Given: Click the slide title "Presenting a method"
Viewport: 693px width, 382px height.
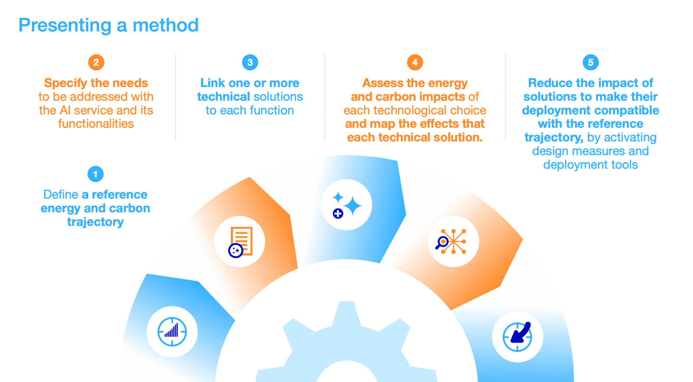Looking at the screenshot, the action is pos(108,26).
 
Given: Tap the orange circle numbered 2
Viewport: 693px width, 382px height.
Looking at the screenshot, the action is pos(96,62).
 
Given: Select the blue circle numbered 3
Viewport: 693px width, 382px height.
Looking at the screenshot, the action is pos(250,62).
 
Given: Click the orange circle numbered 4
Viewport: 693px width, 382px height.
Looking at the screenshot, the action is pos(415,62).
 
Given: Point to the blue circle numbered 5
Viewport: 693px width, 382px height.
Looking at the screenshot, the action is pos(591,62).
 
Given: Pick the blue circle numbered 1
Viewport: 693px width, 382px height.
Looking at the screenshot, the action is pos(95,174).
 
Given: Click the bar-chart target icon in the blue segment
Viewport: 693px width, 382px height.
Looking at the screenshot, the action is pos(172,332).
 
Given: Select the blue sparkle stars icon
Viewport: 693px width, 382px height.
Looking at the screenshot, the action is pos(346,204).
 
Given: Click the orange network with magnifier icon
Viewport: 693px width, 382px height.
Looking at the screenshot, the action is pos(451,241).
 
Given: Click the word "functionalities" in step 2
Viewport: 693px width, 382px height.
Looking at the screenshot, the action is pos(96,124).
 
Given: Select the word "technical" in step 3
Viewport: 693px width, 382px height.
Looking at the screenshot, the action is pos(223,97).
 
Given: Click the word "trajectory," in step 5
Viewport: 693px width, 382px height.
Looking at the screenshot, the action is pos(554,138).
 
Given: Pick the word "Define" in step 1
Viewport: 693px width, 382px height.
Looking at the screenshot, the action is pos(61,194).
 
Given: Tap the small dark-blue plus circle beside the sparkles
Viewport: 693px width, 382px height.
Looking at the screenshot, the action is pos(338,214).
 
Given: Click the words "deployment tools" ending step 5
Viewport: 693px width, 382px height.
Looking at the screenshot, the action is pos(590,165).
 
